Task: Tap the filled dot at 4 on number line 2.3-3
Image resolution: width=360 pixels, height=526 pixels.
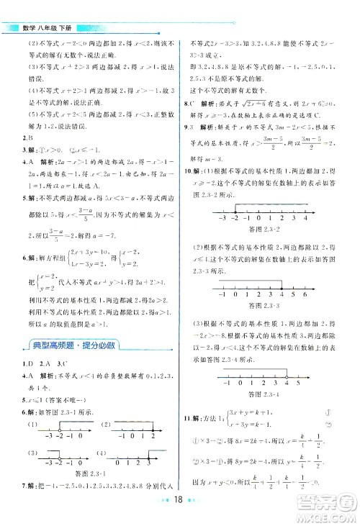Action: pos(280,285)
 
